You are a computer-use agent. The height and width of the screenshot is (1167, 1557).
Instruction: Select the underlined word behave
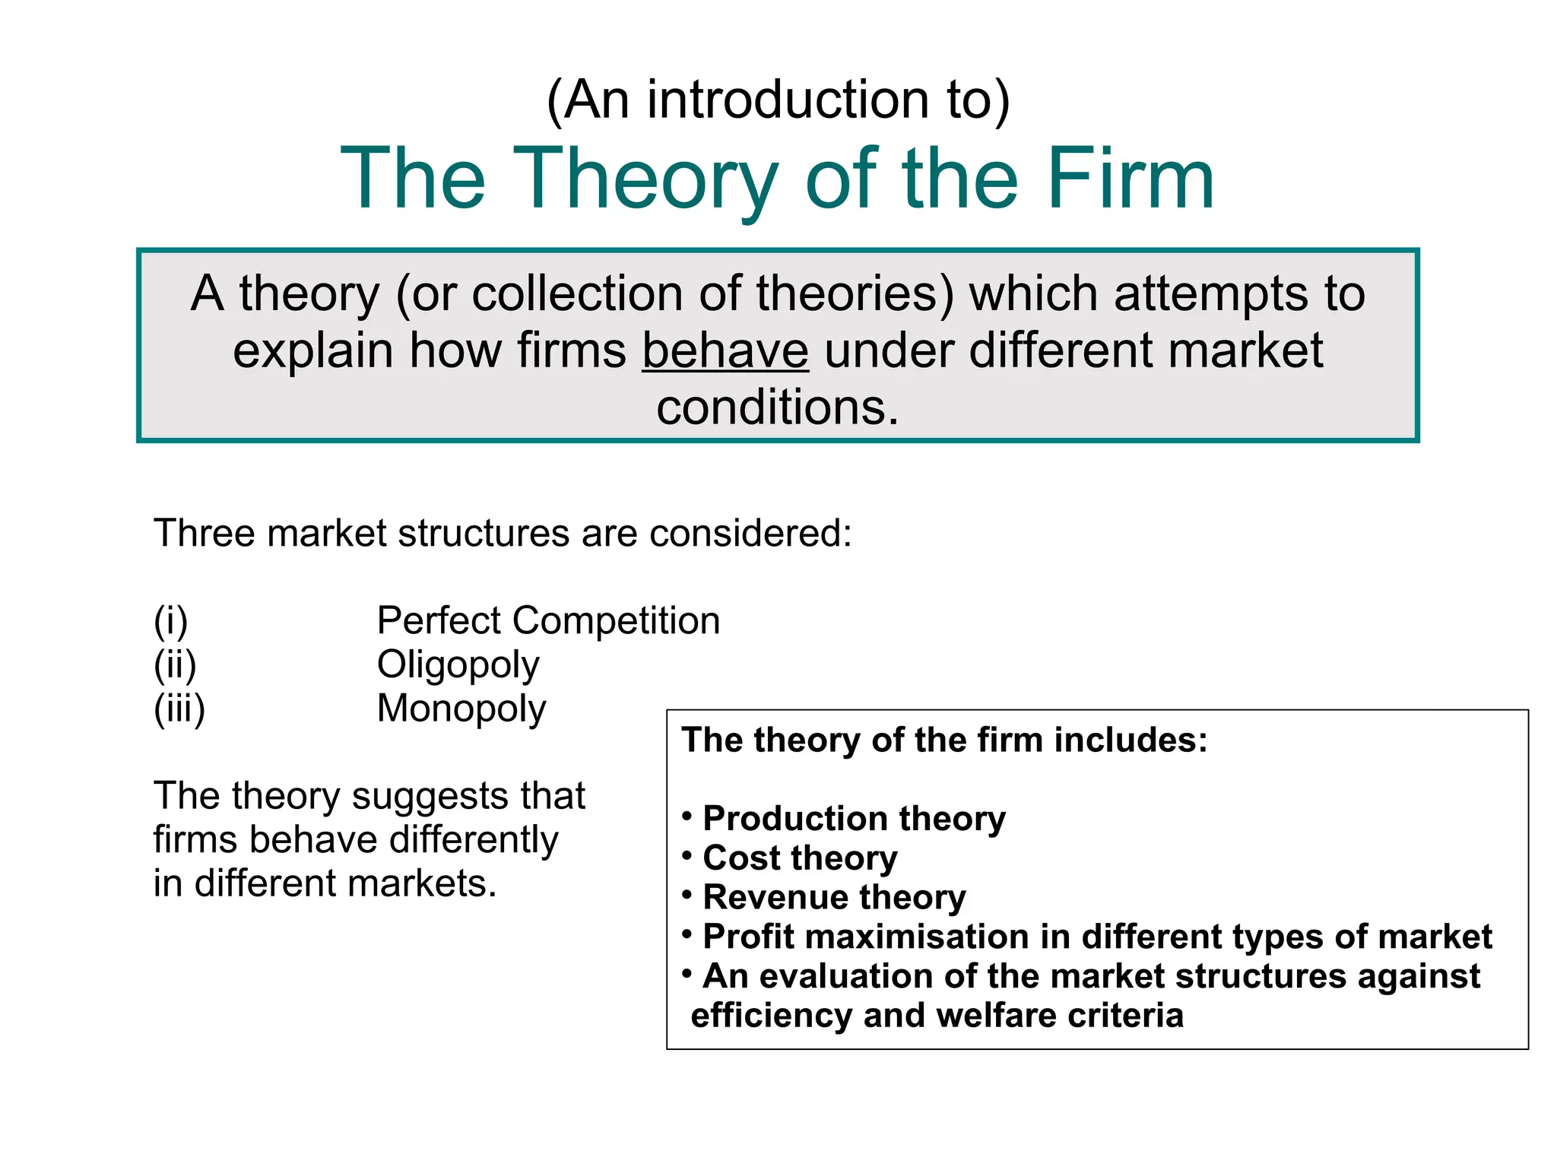(725, 350)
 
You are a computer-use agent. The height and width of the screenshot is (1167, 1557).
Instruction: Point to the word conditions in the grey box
(777, 407)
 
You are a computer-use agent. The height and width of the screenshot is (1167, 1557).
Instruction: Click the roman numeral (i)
(170, 621)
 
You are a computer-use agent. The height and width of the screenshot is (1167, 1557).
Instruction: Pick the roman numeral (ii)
(175, 665)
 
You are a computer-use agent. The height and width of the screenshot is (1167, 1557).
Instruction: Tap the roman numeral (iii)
(179, 709)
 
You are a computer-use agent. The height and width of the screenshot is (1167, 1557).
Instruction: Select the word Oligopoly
(458, 665)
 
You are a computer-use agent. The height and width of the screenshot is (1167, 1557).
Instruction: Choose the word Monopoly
(461, 709)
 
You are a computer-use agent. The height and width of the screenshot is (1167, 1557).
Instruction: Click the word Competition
(616, 620)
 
